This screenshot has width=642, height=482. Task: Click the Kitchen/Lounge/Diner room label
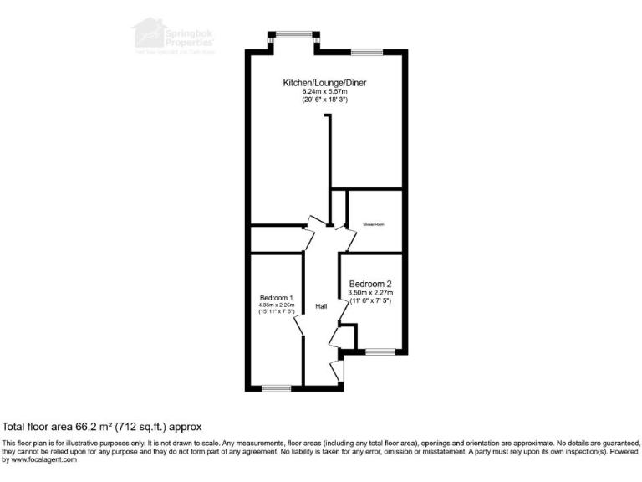point(325,83)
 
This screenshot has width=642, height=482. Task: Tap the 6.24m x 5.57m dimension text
point(324,91)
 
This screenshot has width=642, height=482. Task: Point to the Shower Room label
point(373,224)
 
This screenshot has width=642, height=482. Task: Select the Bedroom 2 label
point(370,283)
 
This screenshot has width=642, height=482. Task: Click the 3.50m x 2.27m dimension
point(370,292)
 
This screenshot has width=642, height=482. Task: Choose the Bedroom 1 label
point(276,298)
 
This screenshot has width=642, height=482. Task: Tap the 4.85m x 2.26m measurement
point(276,305)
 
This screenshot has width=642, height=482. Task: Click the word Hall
point(320,307)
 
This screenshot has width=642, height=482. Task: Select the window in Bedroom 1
point(276,387)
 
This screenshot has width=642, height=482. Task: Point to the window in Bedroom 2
point(380,351)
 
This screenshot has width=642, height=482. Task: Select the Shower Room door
point(345,235)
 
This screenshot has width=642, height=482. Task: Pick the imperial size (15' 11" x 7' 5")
point(276,313)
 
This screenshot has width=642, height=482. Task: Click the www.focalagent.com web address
point(39,459)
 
